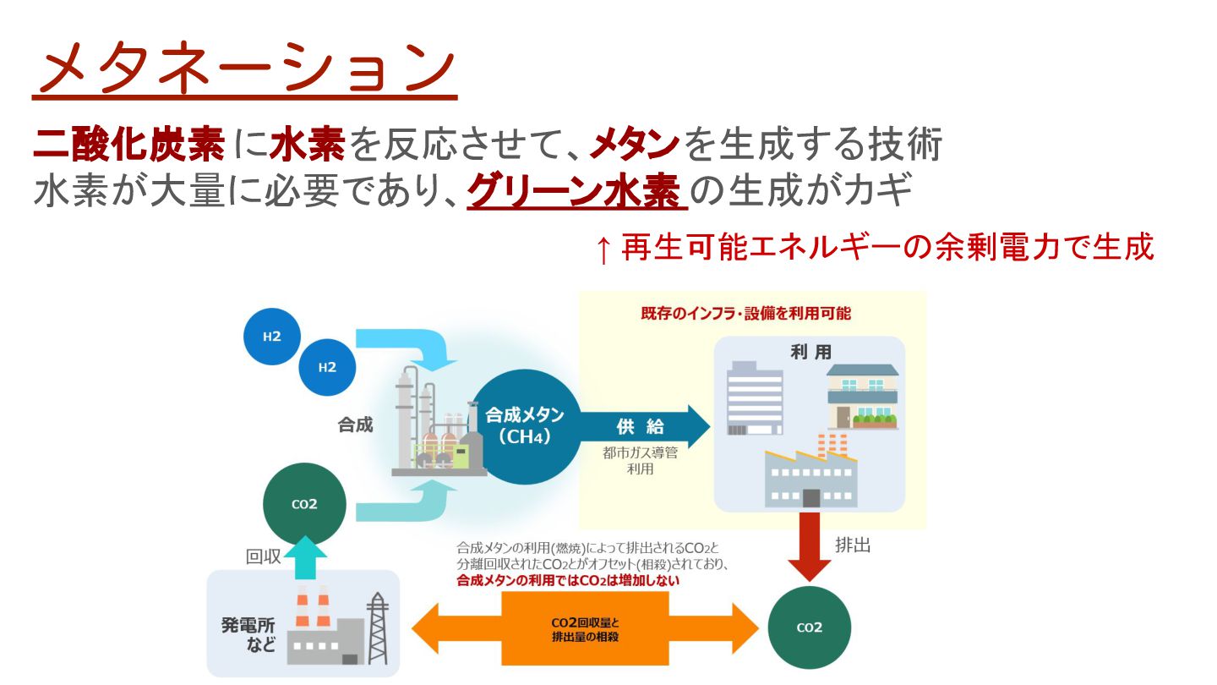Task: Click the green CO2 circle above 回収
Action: click(x=304, y=504)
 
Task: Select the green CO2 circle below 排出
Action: click(x=809, y=628)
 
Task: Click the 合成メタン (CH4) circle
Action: click(x=525, y=426)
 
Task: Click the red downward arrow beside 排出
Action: click(x=808, y=547)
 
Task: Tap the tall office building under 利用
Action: click(x=755, y=397)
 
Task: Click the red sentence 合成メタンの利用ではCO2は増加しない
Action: click(x=568, y=581)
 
